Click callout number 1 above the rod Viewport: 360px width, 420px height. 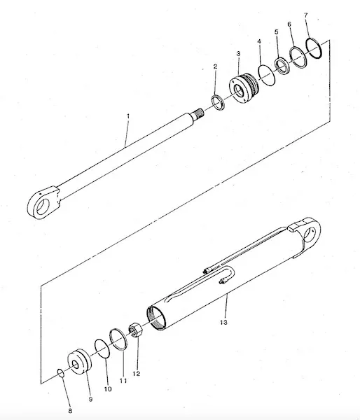[x=128, y=116]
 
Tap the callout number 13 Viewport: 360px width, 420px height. [x=223, y=322]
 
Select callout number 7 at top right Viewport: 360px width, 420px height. [x=306, y=15]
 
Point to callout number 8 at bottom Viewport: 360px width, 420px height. [x=70, y=411]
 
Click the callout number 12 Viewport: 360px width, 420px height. [x=137, y=373]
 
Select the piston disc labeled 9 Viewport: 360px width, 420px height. [x=79, y=362]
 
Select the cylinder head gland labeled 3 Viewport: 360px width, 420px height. [x=244, y=88]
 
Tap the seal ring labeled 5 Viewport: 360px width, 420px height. [x=282, y=65]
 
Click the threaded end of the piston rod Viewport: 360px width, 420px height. [x=198, y=113]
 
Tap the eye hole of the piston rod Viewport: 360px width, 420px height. [x=42, y=206]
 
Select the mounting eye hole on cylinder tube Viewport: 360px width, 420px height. [x=311, y=234]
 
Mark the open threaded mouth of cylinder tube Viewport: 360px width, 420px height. [x=155, y=318]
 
